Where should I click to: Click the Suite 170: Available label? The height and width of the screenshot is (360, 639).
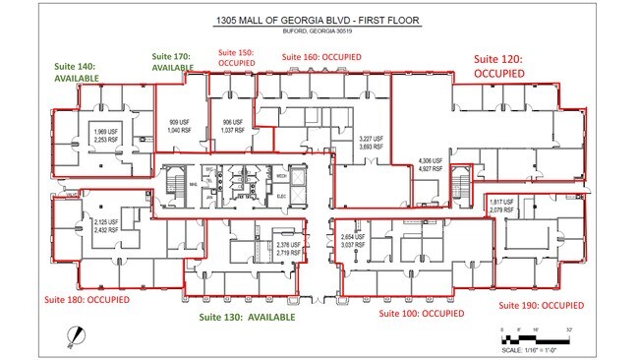point(172,62)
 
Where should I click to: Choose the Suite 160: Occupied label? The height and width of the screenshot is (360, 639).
point(321,57)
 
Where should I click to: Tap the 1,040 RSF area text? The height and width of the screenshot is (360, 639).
point(180,130)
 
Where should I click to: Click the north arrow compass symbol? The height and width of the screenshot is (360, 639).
point(70,335)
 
